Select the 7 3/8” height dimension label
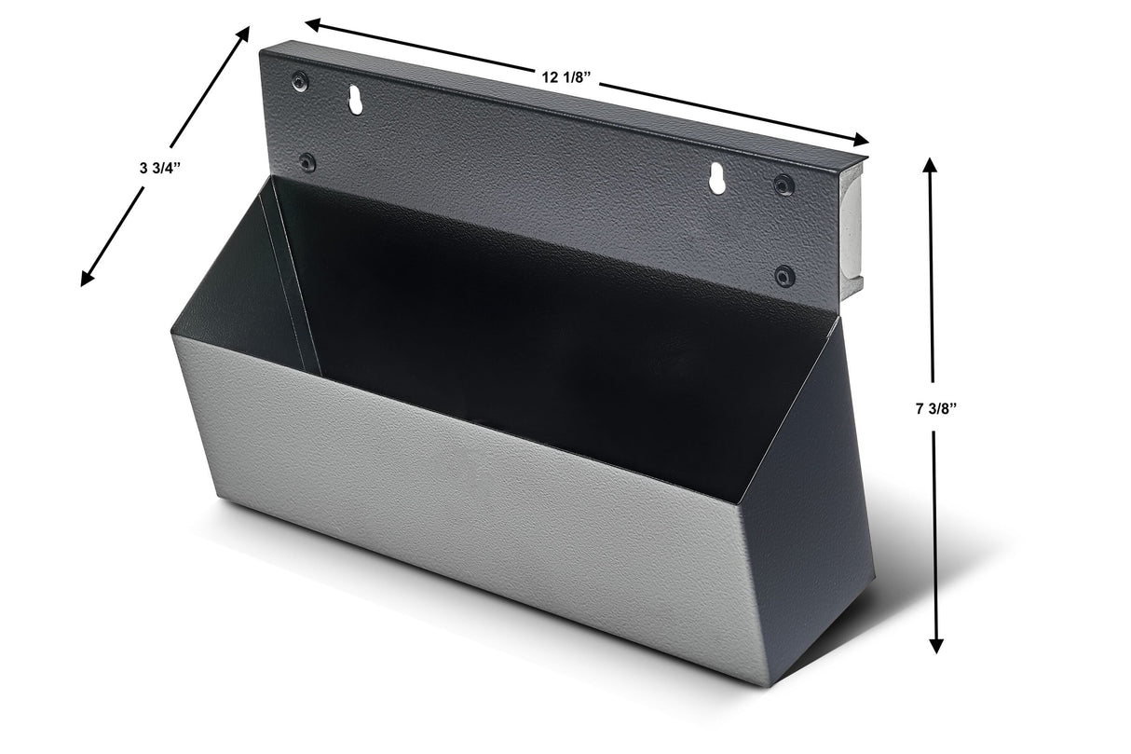[934, 408]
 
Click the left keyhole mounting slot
[355, 100]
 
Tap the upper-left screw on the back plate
[299, 81]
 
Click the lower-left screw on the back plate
[307, 162]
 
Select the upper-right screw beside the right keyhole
[784, 185]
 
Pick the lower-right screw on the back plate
[785, 276]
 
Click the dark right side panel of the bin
[811, 522]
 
